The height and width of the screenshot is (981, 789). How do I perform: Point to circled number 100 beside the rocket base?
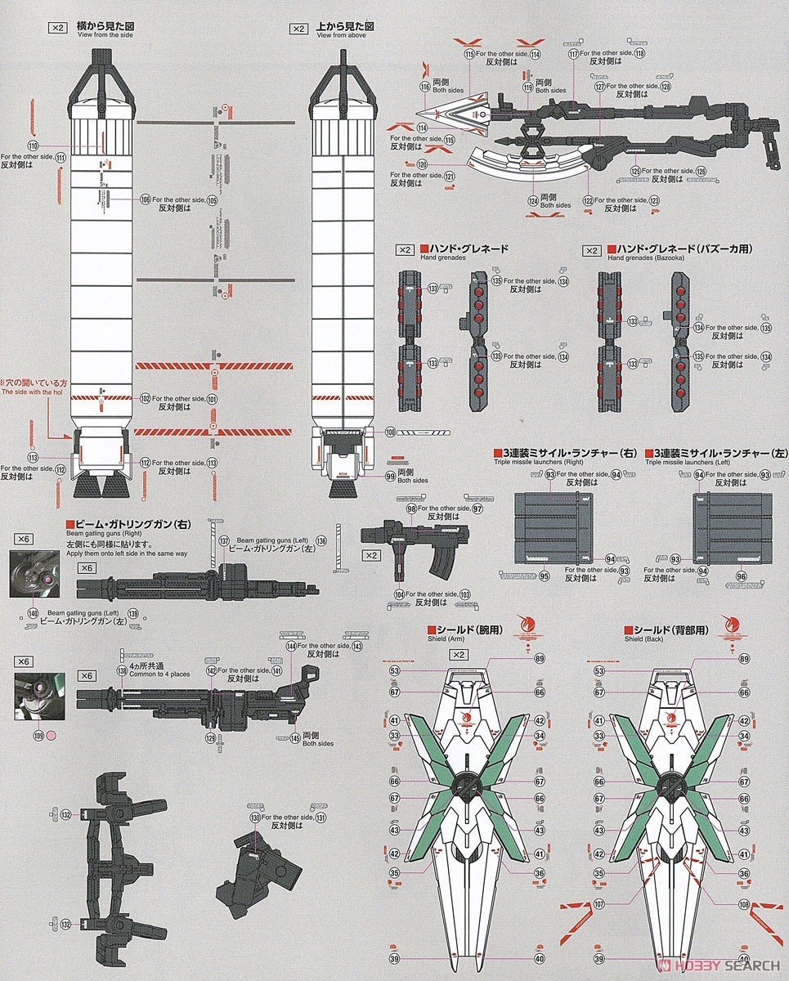click(x=390, y=432)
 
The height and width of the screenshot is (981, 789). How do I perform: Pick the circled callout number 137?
click(x=224, y=541)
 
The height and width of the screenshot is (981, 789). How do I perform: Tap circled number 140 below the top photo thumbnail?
click(x=33, y=613)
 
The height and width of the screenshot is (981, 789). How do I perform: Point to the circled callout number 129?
click(x=211, y=738)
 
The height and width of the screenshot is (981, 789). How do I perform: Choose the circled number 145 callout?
click(x=294, y=738)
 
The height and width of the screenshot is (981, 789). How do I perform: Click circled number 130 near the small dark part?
click(x=255, y=817)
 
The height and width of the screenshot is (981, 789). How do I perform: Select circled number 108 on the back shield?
click(x=742, y=904)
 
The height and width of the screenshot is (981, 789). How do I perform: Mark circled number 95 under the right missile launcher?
click(x=544, y=576)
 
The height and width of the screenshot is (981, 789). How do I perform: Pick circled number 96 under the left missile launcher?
click(x=741, y=576)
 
